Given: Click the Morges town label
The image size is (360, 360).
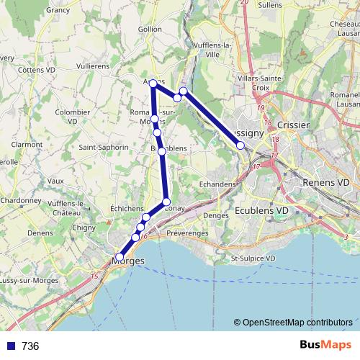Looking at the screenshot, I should coord(130,261).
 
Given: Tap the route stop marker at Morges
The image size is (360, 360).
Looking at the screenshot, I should coord(120,256).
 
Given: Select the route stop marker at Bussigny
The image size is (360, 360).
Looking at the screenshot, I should coord(240,145).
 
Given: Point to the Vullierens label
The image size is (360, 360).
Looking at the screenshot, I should coord(92,65).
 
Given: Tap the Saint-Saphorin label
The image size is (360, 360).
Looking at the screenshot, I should coord(104,147).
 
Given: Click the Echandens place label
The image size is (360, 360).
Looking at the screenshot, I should coord(217,184).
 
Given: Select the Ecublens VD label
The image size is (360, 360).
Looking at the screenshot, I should coord(261,210).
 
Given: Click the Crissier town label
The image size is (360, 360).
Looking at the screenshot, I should coord(293,125).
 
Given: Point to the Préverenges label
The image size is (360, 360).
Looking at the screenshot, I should coord(187,233).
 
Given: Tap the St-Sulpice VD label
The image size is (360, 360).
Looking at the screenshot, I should coord(253,258).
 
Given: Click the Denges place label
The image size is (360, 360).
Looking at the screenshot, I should coord(216,215).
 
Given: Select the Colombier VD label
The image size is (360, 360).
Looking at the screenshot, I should coord(72,117).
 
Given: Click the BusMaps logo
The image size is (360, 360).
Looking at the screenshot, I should coord(324,345).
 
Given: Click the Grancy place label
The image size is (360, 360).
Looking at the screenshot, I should coord(58,10).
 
